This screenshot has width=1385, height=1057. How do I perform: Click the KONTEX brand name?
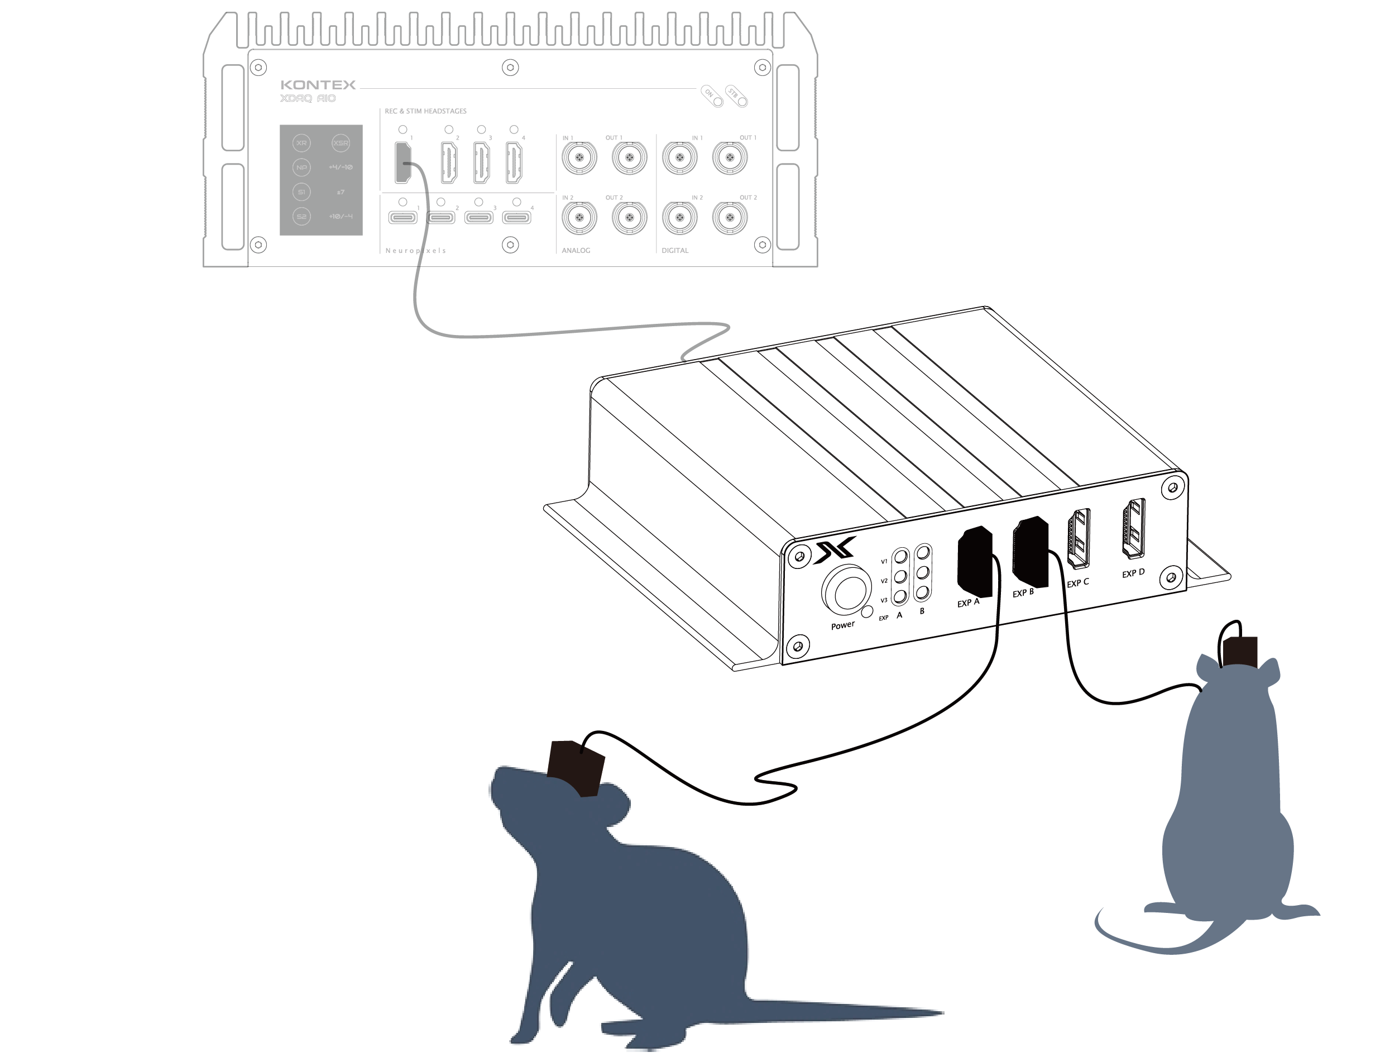pos(318,85)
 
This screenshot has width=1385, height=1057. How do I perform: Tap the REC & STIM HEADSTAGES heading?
pos(425,111)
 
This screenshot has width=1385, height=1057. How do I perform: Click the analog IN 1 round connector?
pos(579,158)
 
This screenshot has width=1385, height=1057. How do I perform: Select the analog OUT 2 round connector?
pos(629,218)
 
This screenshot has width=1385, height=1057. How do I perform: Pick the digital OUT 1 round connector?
pos(730,158)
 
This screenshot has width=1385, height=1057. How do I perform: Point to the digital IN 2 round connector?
pos(679,218)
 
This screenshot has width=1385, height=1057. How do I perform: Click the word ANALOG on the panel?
pos(576,250)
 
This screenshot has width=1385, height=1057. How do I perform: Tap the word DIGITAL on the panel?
pos(675,250)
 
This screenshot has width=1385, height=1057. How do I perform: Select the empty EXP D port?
pos(1133,528)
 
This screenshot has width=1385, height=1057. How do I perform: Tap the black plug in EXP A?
pos(974,562)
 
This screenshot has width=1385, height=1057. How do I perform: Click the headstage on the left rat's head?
pos(576,768)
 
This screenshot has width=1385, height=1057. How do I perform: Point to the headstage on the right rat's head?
pos(1240,651)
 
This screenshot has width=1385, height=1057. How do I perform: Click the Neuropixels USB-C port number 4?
pos(516,218)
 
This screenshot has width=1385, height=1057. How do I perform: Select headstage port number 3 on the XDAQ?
pos(481,162)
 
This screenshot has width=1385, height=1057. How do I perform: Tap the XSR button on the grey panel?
pos(341,143)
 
